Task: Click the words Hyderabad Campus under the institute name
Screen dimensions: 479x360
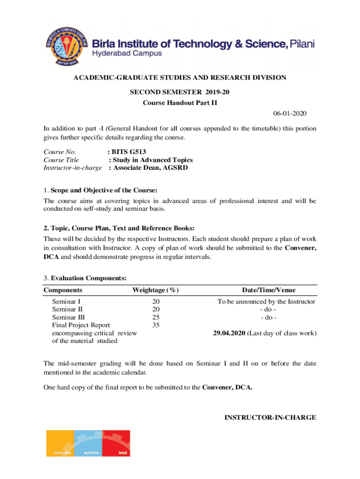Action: [127, 53]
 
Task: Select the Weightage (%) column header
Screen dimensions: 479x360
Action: [156, 290]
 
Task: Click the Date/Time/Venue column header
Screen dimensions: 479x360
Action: [268, 290]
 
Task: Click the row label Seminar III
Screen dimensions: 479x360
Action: [68, 317]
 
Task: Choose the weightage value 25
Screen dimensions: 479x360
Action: [156, 317]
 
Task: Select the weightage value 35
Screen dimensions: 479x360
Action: [156, 325]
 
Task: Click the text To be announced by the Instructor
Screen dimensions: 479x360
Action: [266, 302]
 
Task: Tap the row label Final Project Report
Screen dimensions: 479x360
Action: [81, 325]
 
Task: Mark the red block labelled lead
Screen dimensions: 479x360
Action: [116, 443]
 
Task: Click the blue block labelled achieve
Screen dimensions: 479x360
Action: [88, 443]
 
